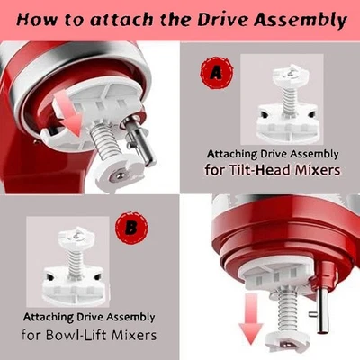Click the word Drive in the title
216,20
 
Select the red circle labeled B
133,229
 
